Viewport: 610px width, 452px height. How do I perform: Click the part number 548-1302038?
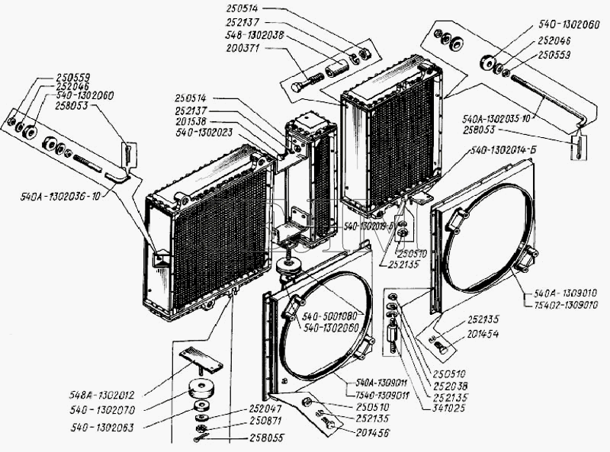coord(245,35)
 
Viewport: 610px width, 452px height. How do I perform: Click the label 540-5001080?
coord(332,316)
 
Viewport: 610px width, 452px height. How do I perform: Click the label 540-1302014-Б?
coord(503,149)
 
